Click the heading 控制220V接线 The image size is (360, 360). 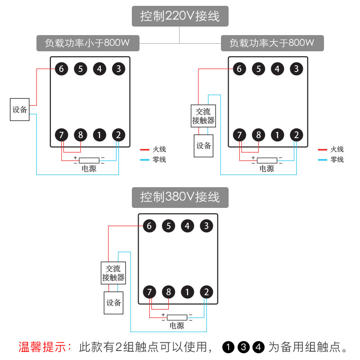click(180, 17)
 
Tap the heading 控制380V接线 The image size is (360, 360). click(180, 197)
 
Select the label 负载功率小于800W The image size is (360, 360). click(87, 44)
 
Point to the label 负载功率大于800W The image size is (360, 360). click(272, 44)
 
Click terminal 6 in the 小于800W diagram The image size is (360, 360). click(61, 69)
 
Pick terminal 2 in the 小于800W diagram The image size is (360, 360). click(118, 135)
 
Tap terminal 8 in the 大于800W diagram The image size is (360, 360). click(258, 135)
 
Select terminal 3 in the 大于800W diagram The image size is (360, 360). click(296, 69)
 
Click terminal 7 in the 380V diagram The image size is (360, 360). click(149, 292)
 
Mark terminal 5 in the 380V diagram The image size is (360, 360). click(168, 226)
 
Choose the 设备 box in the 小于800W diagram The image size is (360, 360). click(20, 109)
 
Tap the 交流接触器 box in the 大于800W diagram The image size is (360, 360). click(203, 116)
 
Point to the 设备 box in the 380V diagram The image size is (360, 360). click(114, 303)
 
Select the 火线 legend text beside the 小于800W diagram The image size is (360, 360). click(159, 149)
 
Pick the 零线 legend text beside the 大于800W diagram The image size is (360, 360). click(337, 159)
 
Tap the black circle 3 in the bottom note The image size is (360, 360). click(243, 347)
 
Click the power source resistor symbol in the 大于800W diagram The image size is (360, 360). click(267, 160)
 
